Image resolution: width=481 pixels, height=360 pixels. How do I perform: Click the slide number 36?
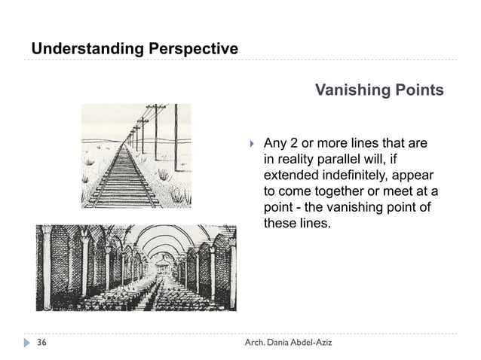click(41, 343)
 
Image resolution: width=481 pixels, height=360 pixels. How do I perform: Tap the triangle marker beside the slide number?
click(28, 343)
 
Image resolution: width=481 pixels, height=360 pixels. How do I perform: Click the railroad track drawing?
click(136, 155)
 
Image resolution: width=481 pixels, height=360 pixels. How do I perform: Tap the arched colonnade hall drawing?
click(136, 267)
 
